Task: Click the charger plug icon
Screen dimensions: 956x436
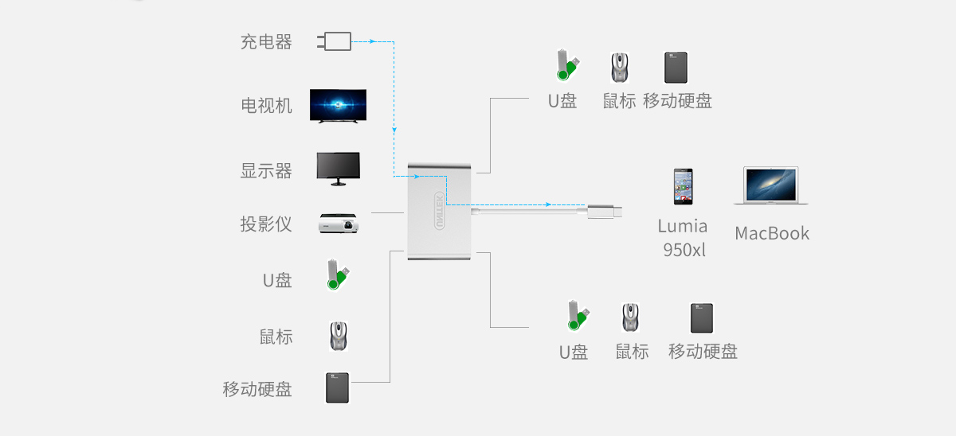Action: (x=334, y=41)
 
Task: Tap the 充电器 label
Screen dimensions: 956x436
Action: (x=266, y=41)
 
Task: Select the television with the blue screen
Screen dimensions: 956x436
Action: (x=338, y=106)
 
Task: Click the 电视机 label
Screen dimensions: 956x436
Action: (x=266, y=105)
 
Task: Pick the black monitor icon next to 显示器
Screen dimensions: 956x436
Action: (x=338, y=169)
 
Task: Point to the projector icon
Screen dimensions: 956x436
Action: (x=339, y=223)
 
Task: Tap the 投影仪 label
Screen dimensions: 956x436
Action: (x=266, y=224)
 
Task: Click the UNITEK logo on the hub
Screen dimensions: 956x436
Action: (x=440, y=211)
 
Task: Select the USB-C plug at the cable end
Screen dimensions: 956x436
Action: (x=605, y=212)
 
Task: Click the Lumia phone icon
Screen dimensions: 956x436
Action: (x=684, y=187)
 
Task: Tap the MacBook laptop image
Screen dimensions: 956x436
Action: (x=771, y=185)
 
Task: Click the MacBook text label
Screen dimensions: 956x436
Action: (x=772, y=233)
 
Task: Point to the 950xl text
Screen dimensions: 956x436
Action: (x=684, y=250)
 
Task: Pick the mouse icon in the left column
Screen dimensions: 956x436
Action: (x=339, y=336)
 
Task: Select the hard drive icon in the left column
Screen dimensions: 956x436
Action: (x=337, y=387)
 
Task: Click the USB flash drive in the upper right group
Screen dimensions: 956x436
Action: (x=567, y=65)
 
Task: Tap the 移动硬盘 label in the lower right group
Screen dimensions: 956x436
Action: (x=703, y=351)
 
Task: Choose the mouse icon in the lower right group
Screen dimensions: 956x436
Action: (x=630, y=317)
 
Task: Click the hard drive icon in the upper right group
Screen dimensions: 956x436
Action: (x=676, y=68)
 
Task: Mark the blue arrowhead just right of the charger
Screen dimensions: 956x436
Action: (x=372, y=41)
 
